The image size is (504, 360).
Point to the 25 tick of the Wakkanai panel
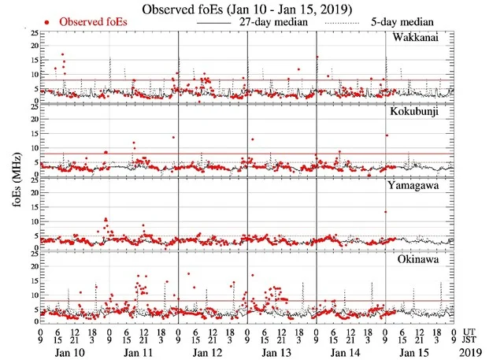click(31, 33)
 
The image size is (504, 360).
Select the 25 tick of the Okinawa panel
click(31, 252)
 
